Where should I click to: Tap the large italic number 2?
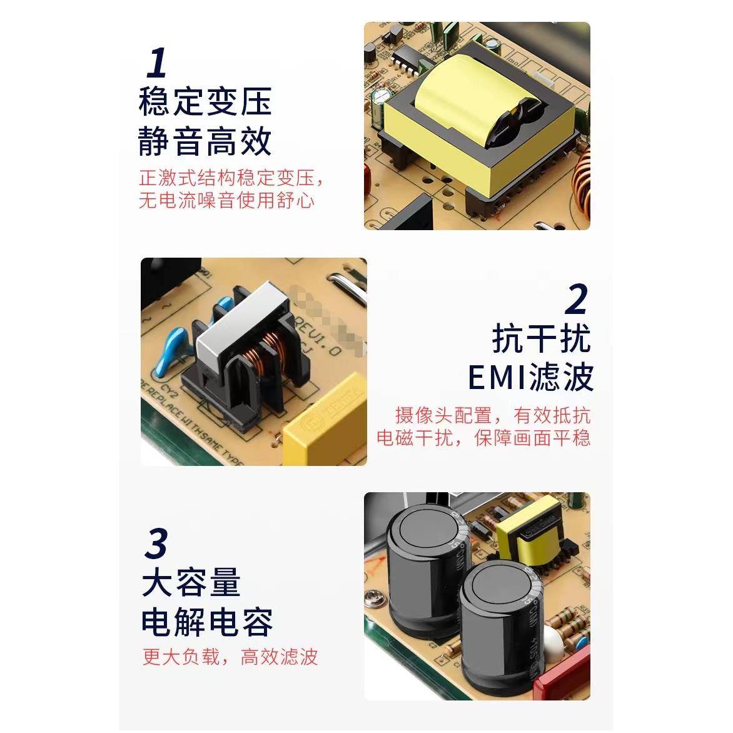coord(576,300)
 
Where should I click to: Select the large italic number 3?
coord(156,543)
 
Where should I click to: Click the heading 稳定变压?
coord(205,102)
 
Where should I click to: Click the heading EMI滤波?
coord(530,377)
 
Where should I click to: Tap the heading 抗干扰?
coord(541,338)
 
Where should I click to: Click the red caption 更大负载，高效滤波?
coord(230,657)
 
